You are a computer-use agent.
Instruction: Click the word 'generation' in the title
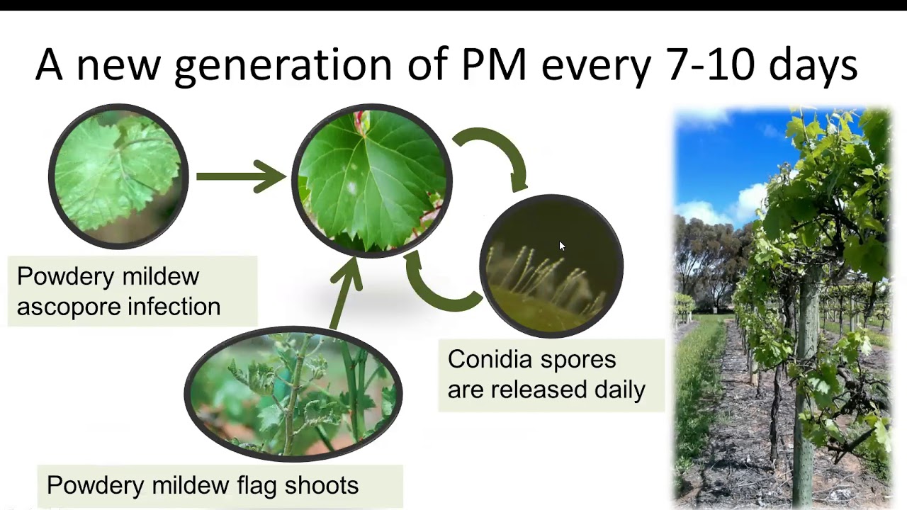pyautogui.click(x=282, y=65)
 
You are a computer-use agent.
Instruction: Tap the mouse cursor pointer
pyautogui.click(x=562, y=246)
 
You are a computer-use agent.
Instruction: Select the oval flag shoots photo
pyautogui.click(x=293, y=394)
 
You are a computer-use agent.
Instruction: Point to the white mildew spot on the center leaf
pyautogui.click(x=351, y=188)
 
